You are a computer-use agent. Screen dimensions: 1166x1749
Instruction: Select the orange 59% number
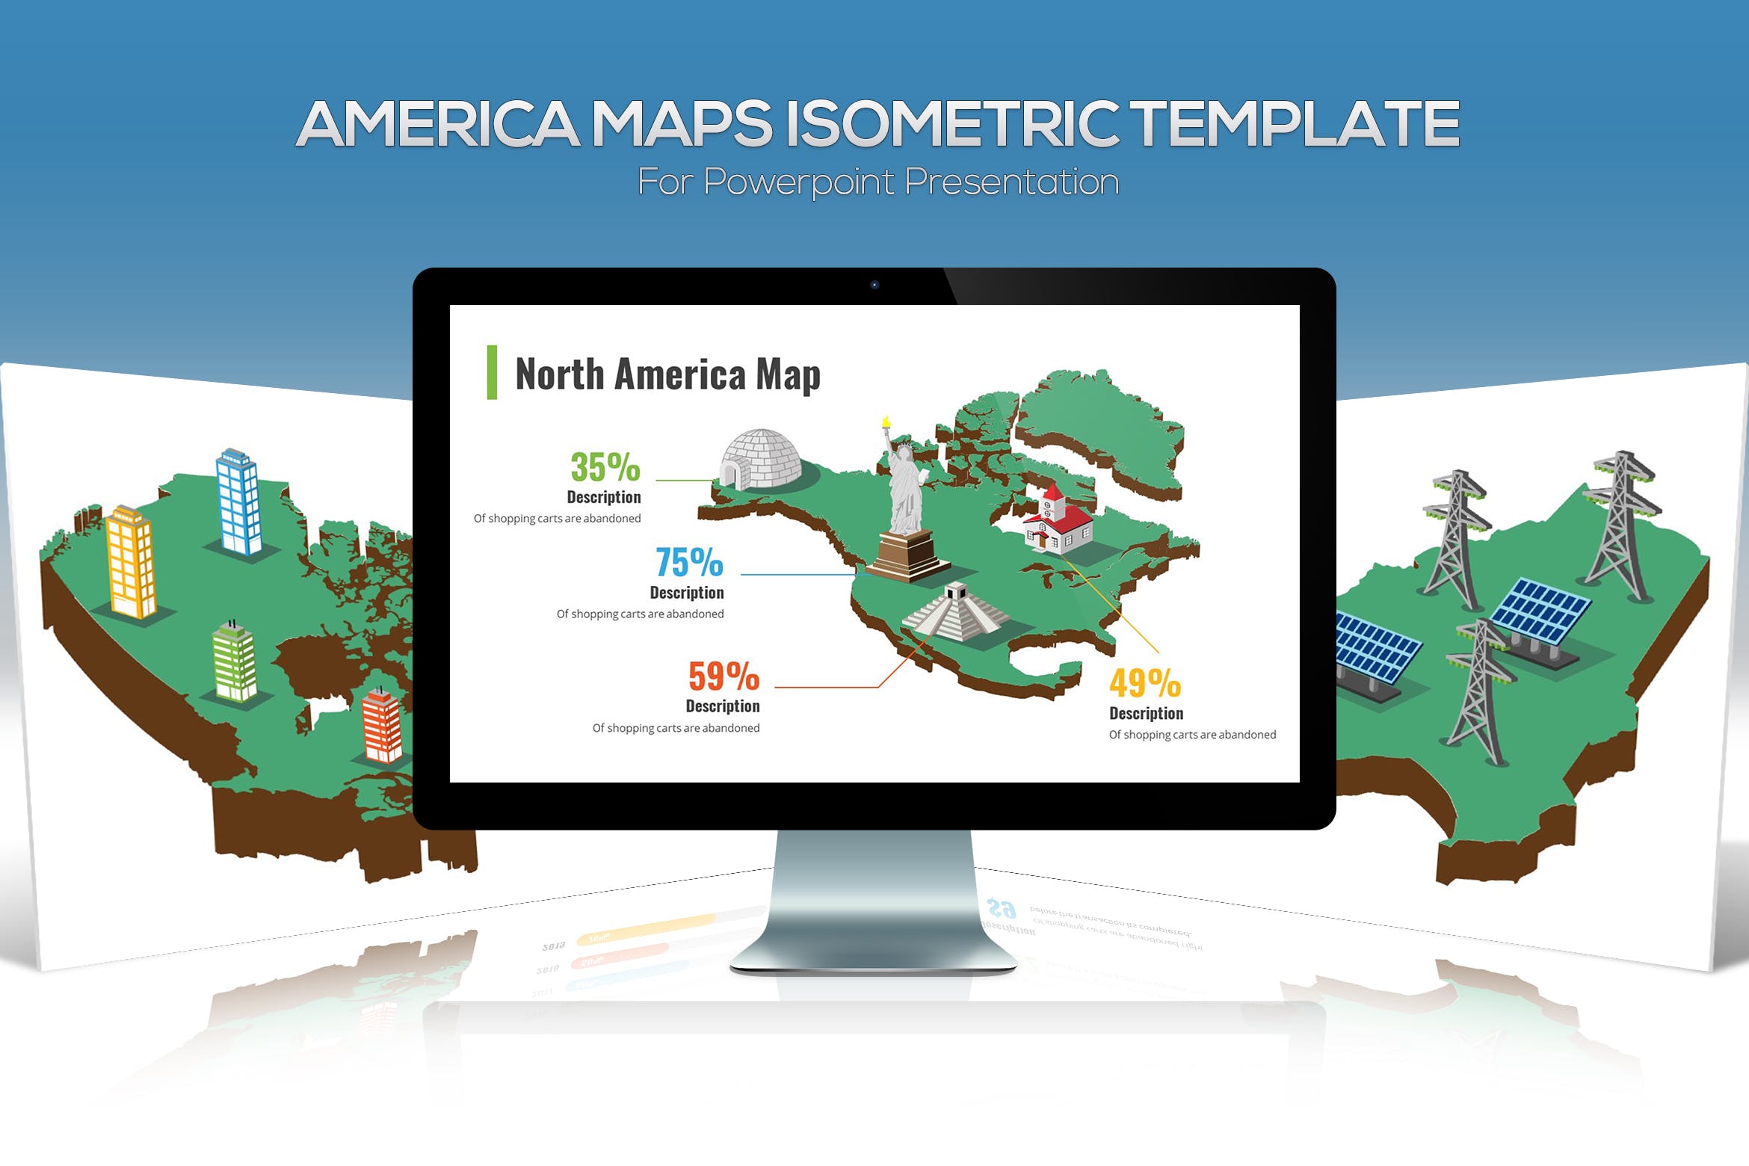point(724,676)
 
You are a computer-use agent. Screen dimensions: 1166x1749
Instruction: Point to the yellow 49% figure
point(1144,682)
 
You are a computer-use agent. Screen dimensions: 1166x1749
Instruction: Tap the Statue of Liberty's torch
point(886,422)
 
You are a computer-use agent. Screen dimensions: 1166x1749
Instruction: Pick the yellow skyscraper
point(132,562)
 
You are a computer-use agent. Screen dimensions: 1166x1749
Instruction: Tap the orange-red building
point(382,726)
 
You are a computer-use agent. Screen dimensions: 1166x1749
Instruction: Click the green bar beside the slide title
point(492,372)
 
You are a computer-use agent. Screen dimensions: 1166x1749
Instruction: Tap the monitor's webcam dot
point(874,285)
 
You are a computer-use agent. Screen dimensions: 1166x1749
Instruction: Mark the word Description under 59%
point(722,706)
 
